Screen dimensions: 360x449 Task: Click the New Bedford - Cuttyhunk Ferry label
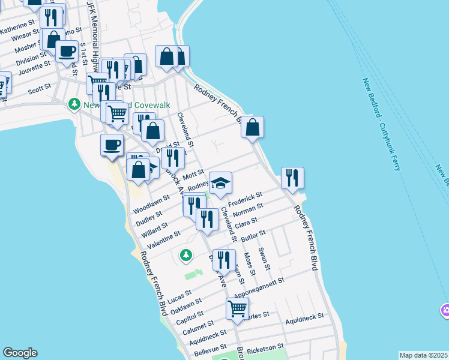pos(382,124)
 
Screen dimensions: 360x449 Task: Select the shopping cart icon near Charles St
pos(237,308)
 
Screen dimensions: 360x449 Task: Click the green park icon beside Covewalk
pos(74,104)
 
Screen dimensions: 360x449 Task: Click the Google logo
pos(20,353)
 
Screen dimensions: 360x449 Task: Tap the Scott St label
pos(40,89)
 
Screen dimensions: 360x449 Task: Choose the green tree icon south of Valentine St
pos(186,256)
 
